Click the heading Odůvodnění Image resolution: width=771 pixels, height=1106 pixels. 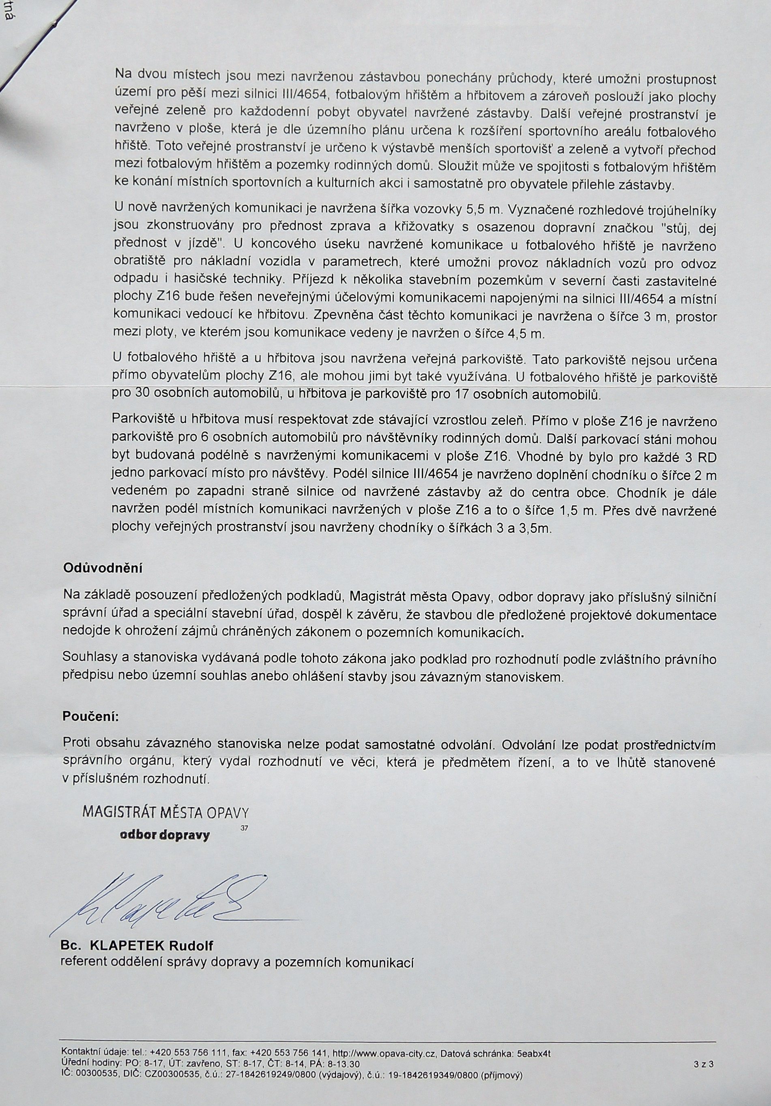tap(103, 567)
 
